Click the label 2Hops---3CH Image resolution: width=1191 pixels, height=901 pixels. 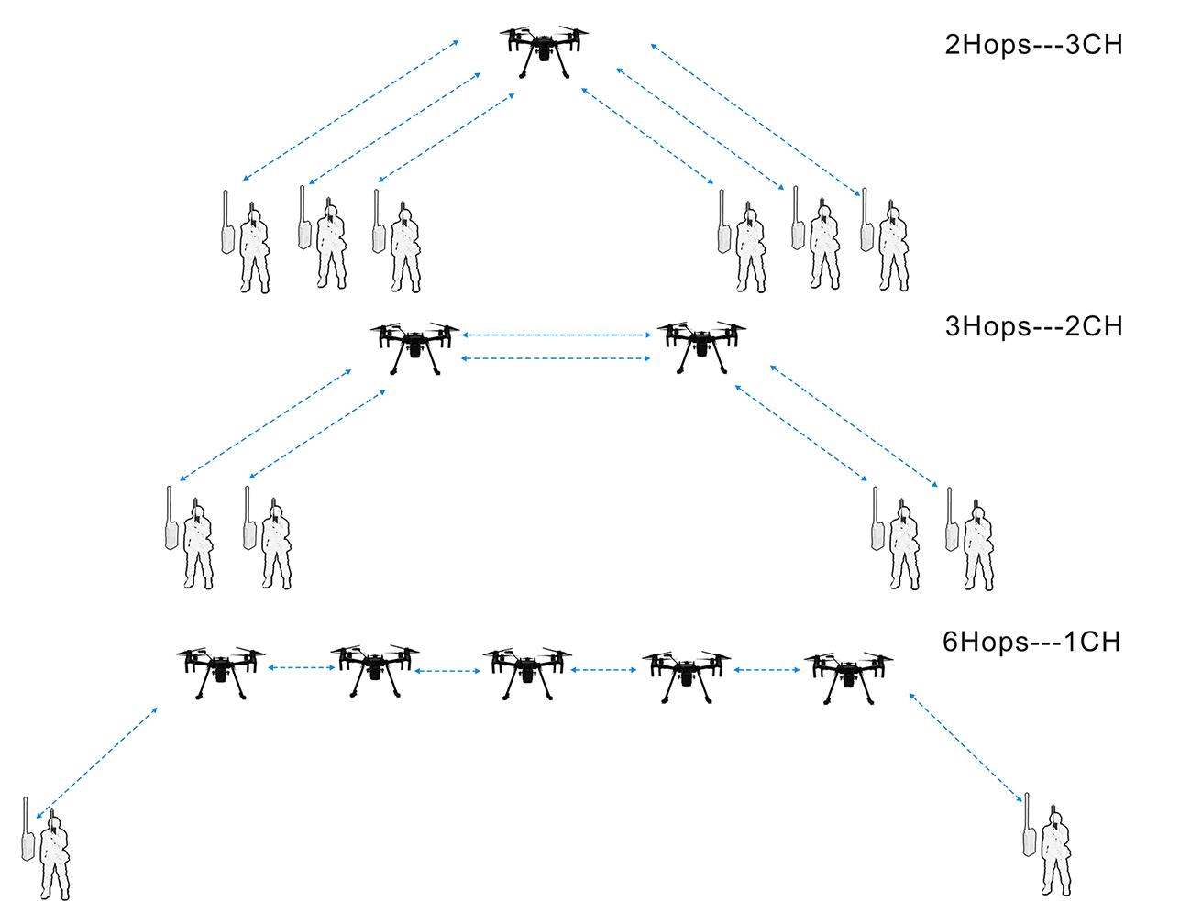(1033, 45)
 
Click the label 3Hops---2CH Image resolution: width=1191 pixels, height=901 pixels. (1033, 326)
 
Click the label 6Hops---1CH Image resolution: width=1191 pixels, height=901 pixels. (1031, 642)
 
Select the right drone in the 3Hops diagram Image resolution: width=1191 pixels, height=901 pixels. (701, 345)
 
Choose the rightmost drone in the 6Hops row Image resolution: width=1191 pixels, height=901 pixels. (848, 674)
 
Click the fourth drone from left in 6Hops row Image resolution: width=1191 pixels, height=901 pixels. (687, 674)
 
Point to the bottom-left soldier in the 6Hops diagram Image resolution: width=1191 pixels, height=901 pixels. (54, 856)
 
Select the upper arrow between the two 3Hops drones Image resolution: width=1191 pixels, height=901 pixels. (557, 335)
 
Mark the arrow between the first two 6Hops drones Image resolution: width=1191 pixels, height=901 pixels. (301, 668)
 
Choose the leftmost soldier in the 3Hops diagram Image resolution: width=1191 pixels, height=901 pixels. (198, 545)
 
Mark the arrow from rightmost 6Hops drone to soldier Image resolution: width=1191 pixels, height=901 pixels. (965, 747)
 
